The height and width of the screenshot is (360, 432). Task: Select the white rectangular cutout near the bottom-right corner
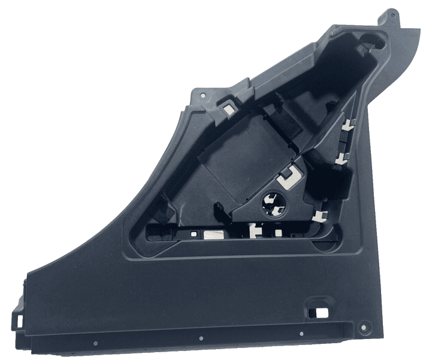[316, 311]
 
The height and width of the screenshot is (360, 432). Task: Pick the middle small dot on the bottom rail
[201, 338]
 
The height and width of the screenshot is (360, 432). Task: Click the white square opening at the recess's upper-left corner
[228, 108]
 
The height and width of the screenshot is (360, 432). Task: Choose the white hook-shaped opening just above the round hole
[290, 177]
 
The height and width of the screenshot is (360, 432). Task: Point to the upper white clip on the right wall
[347, 125]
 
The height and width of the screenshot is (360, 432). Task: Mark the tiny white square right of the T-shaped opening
[279, 231]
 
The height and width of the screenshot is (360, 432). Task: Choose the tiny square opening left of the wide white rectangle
[194, 232]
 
